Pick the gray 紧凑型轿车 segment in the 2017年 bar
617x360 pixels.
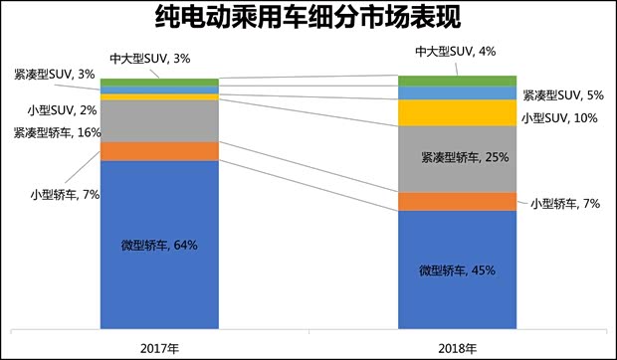pos(159,120)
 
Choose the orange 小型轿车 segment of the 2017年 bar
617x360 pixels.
pos(159,151)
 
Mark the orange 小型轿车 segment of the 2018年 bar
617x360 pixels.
pos(457,202)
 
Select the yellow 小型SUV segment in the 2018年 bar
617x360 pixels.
pos(457,112)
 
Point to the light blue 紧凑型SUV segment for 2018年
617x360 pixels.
pos(457,92)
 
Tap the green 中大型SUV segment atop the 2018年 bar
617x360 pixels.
pos(457,81)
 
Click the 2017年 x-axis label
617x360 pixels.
pos(159,347)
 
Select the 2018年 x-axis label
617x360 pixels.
pos(457,347)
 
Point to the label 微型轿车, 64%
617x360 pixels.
pos(159,245)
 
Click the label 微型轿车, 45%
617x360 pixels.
pos(457,270)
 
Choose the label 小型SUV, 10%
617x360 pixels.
pos(560,119)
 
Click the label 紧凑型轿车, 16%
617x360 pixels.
pos(57,131)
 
